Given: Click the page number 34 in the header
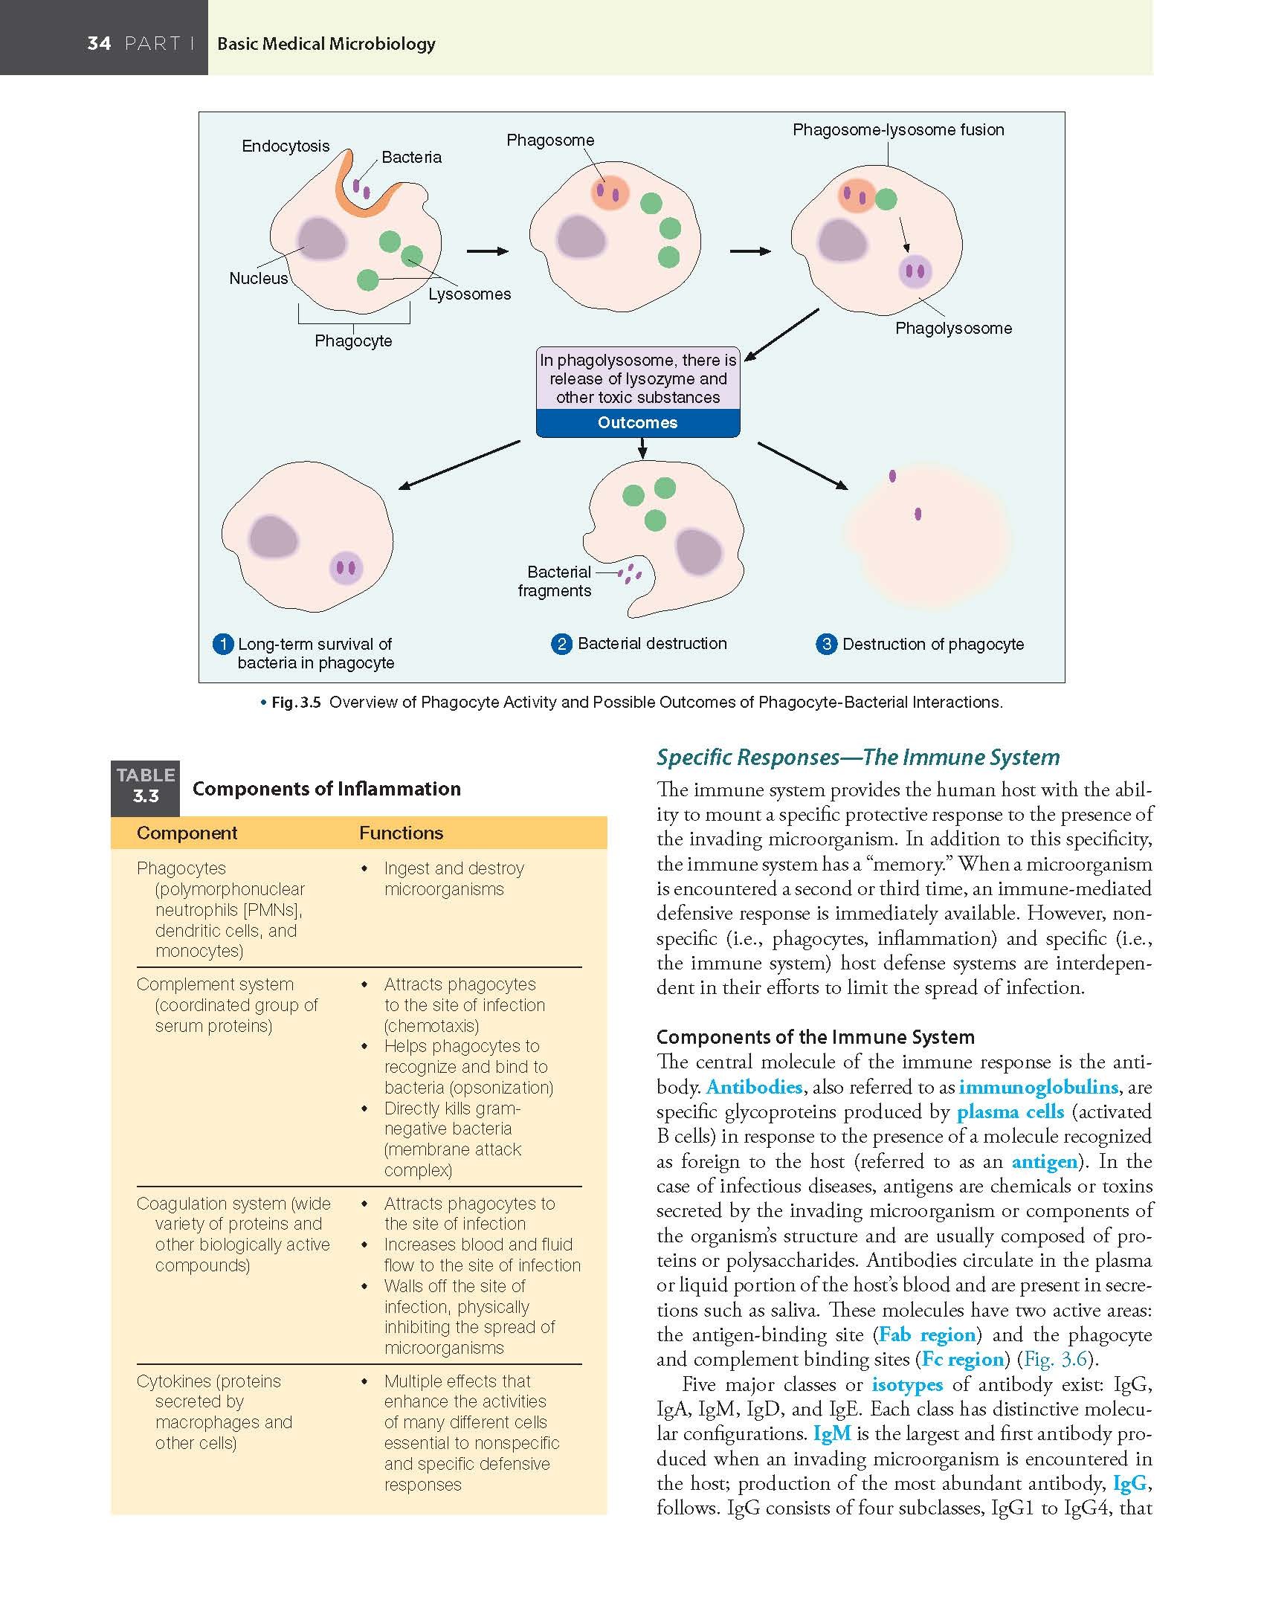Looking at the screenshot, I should pyautogui.click(x=99, y=43).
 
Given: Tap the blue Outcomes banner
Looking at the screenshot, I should pyautogui.click(x=637, y=423).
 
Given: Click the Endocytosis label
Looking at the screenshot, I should pyautogui.click(x=286, y=146).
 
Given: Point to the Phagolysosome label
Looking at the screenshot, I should pyautogui.click(x=953, y=328).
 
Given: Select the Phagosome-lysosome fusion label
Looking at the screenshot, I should pyautogui.click(x=898, y=130).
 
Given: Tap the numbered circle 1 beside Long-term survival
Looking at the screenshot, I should pyautogui.click(x=222, y=644).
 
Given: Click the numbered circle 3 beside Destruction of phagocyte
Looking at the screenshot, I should pyautogui.click(x=826, y=644).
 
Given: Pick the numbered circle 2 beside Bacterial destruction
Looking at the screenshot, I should pyautogui.click(x=562, y=644).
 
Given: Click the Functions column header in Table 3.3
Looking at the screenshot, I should pyautogui.click(x=401, y=833).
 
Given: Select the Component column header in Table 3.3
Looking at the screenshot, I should pyautogui.click(x=187, y=833).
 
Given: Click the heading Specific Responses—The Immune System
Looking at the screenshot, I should pyautogui.click(x=857, y=758).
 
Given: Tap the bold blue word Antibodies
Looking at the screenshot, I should pyautogui.click(x=754, y=1087).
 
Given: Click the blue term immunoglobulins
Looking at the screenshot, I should pyautogui.click(x=1038, y=1087).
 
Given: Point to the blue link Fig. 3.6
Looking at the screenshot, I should pyautogui.click(x=1055, y=1359).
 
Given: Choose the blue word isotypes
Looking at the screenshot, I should pyautogui.click(x=907, y=1384).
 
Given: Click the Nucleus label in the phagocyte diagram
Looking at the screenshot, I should pyautogui.click(x=258, y=279).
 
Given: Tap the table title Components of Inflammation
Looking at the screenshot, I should pyautogui.click(x=326, y=789).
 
